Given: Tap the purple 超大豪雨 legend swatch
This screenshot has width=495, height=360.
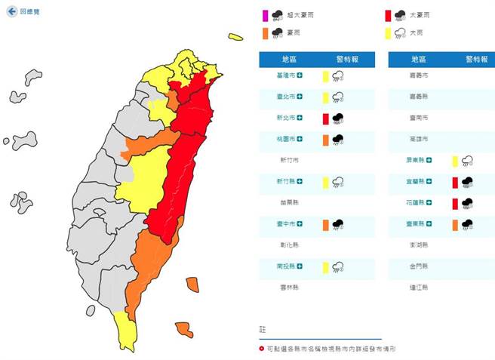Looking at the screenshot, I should [x=264, y=14].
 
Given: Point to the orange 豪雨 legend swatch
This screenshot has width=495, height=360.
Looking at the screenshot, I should [x=264, y=33].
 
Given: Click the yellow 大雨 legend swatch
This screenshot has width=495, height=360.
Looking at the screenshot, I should [x=387, y=33].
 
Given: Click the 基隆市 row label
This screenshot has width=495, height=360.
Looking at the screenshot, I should [x=287, y=75].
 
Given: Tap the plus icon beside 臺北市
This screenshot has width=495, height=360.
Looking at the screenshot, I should [x=300, y=97].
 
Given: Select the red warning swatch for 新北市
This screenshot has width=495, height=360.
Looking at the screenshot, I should [x=325, y=118].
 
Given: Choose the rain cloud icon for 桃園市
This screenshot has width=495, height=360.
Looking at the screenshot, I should [x=339, y=140].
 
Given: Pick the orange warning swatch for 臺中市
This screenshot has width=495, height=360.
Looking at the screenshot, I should [x=325, y=224].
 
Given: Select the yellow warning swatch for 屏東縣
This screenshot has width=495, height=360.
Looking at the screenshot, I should [x=453, y=161].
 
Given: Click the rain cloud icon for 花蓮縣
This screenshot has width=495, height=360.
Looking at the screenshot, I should [x=467, y=203].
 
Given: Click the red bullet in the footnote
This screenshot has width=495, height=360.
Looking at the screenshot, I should [x=261, y=349].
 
